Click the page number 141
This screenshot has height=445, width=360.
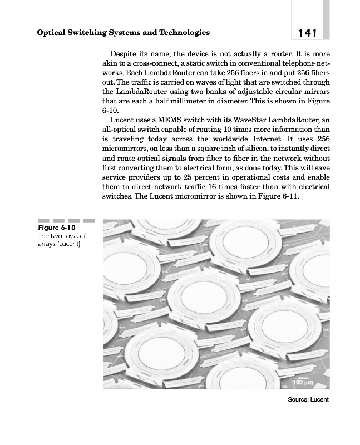pyautogui.click(x=307, y=33)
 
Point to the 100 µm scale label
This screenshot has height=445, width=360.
pyautogui.click(x=302, y=383)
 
